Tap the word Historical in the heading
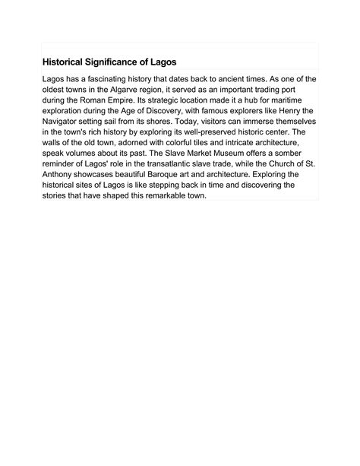tap(64, 61)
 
